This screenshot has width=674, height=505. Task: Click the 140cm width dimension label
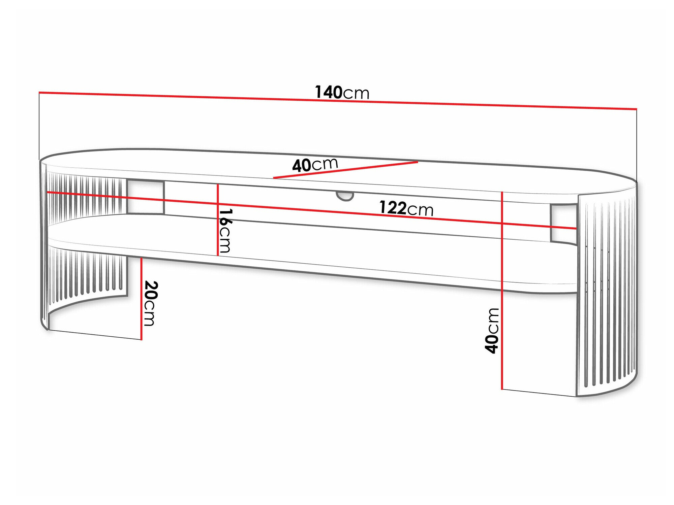point(342,92)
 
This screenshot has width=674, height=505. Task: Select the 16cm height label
point(225,231)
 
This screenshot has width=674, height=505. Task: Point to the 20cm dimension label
point(150,303)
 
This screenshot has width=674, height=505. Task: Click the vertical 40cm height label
point(492,331)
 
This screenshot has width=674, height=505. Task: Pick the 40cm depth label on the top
point(315,165)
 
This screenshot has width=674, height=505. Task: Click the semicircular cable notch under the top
point(345,196)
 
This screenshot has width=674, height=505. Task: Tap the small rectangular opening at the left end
point(145,197)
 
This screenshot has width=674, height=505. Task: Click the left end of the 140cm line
point(39,92)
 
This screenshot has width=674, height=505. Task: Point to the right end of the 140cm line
point(636,109)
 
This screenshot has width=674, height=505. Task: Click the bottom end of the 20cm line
point(142,339)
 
